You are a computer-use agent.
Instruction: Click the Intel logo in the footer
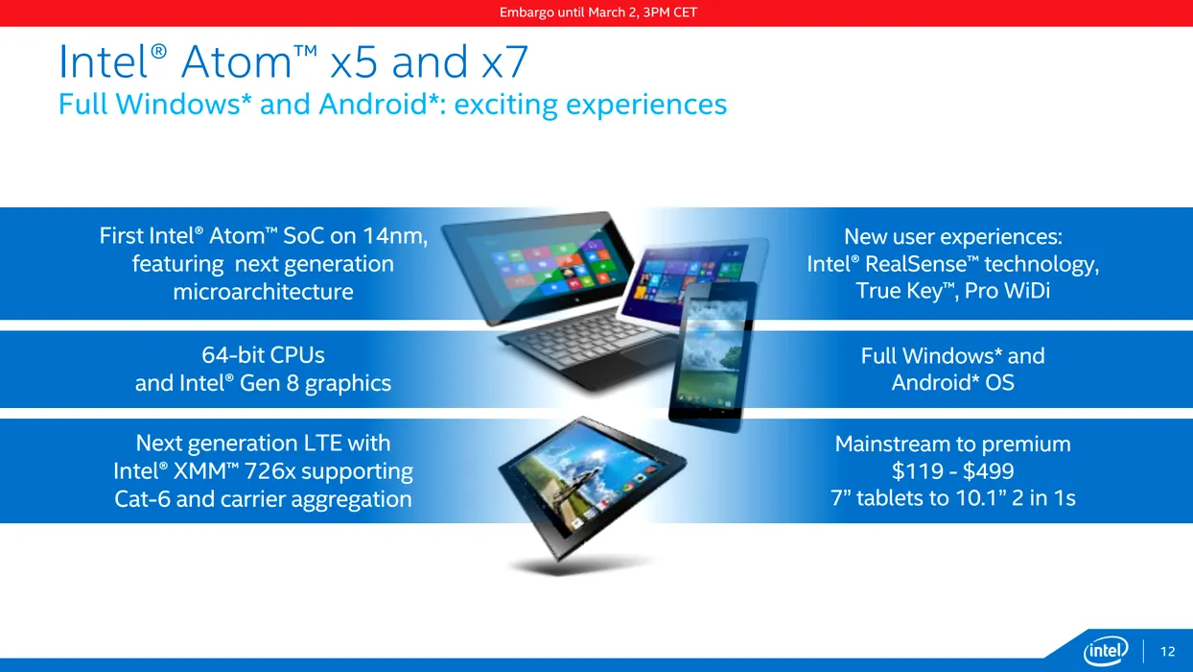tap(1106, 651)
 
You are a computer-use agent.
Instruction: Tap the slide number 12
tap(1167, 651)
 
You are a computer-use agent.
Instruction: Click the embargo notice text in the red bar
tap(598, 12)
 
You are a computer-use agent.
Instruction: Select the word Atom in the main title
tap(237, 62)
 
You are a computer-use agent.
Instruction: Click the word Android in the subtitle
tap(373, 104)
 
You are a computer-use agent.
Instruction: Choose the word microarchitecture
tap(263, 292)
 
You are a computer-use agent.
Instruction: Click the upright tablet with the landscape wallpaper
tap(713, 356)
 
